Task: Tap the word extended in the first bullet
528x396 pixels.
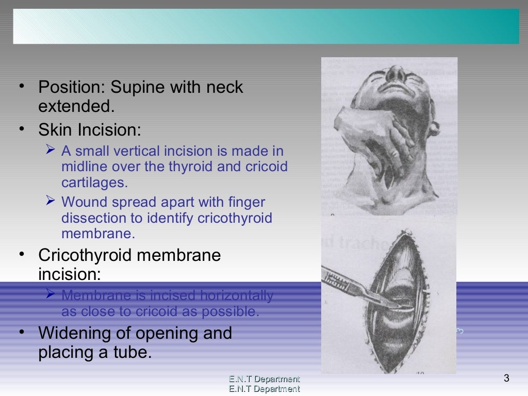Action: click(x=74, y=107)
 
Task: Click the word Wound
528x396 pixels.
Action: click(x=81, y=202)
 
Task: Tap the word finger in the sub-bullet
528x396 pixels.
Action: click(x=247, y=202)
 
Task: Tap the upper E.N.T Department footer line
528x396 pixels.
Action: click(x=264, y=379)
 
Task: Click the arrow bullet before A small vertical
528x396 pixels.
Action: click(x=50, y=150)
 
